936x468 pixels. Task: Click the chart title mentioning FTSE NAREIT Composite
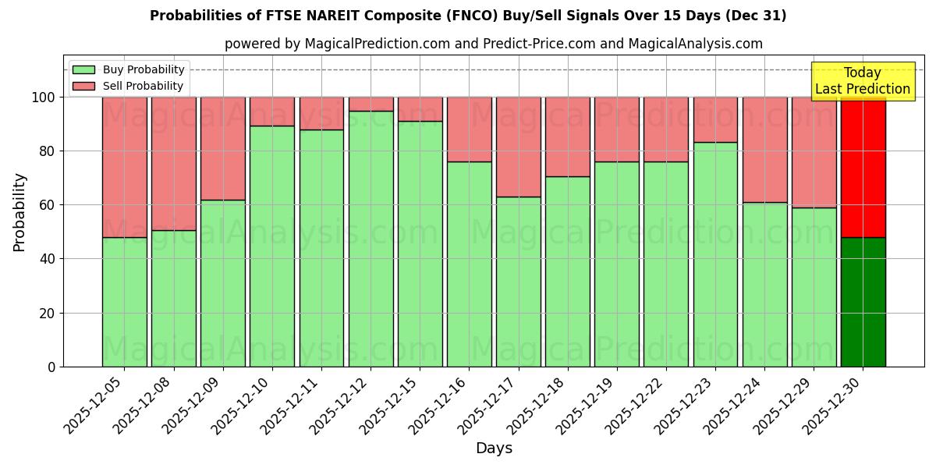click(468, 16)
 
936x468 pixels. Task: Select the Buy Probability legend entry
click(128, 69)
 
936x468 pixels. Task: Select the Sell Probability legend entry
click(128, 86)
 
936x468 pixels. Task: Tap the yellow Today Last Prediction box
click(863, 81)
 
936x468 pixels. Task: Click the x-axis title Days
click(494, 448)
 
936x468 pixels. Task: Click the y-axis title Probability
click(19, 212)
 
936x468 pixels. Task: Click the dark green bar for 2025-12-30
click(863, 302)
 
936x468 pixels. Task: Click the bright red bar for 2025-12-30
click(863, 167)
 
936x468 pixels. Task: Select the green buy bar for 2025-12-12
click(370, 239)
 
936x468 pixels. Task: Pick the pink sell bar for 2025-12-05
click(124, 167)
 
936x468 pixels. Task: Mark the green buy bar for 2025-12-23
click(715, 254)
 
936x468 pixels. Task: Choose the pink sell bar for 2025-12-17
click(518, 147)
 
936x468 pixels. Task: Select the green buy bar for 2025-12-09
click(223, 283)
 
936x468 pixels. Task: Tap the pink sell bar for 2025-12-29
click(814, 152)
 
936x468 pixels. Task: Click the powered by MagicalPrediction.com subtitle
click(494, 44)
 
